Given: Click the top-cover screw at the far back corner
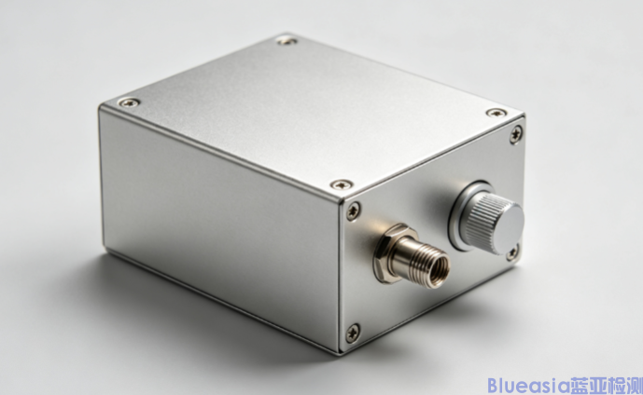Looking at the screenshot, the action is tap(287, 40).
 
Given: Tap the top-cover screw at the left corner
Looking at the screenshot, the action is tap(129, 102).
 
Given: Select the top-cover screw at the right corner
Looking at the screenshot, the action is tap(496, 113).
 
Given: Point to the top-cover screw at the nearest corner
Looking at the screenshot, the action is tap(342, 184).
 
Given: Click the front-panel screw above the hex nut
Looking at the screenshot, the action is tap(353, 211).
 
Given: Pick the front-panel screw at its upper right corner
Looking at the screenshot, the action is tap(516, 134).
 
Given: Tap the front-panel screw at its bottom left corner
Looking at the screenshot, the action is tap(353, 333).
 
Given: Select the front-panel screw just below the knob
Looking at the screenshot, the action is tap(511, 252).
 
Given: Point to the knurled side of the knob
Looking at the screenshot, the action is tap(483, 218).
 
